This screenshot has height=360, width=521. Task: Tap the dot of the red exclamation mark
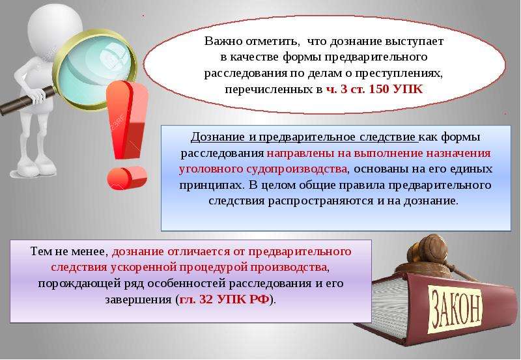[126, 178]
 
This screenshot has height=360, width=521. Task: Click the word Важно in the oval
[222, 41]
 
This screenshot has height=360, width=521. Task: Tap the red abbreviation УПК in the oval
[408, 89]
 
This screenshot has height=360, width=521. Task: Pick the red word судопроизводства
[296, 169]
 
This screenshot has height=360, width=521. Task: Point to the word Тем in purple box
[40, 251]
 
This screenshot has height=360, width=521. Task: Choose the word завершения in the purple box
[138, 299]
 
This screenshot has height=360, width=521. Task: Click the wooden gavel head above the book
[428, 250]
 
